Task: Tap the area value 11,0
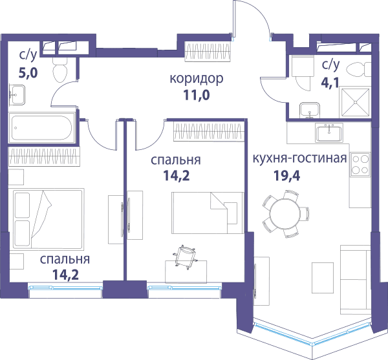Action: pyautogui.click(x=197, y=95)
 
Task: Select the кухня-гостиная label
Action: pyautogui.click(x=299, y=158)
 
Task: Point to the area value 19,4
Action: pyautogui.click(x=286, y=176)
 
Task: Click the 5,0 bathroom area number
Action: pyautogui.click(x=28, y=72)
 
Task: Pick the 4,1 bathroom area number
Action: pyautogui.click(x=330, y=83)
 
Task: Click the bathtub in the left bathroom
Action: pyautogui.click(x=42, y=128)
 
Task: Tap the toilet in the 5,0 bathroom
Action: pyautogui.click(x=60, y=70)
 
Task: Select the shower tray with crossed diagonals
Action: pyautogui.click(x=355, y=102)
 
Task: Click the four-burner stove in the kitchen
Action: pyautogui.click(x=360, y=164)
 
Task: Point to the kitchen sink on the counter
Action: pyautogui.click(x=329, y=132)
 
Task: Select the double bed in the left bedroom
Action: pyautogui.click(x=46, y=219)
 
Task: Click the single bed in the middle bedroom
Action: pyautogui.click(x=208, y=213)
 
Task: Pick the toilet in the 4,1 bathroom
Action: pyautogui.click(x=358, y=70)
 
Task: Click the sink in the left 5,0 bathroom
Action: pyautogui.click(x=17, y=95)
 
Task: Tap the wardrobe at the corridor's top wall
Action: pyautogui.click(x=208, y=51)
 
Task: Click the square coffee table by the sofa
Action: pyautogui.click(x=323, y=278)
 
